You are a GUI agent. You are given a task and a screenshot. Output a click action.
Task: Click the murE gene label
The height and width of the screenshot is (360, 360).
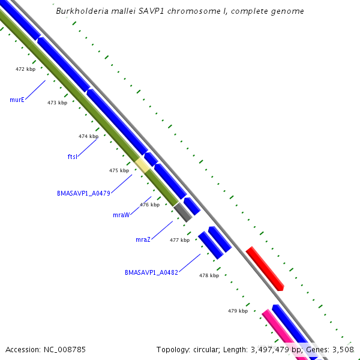click(17, 100)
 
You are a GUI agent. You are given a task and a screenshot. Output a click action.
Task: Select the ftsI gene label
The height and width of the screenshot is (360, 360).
click(72, 157)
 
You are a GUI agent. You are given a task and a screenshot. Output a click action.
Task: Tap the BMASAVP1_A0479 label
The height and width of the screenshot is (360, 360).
click(83, 193)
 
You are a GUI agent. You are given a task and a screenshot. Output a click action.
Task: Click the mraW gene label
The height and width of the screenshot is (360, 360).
click(121, 214)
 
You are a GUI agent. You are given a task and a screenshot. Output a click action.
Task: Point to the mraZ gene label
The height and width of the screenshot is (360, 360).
click(143, 239)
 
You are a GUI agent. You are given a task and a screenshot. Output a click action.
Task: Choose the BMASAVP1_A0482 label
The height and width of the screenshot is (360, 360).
click(151, 272)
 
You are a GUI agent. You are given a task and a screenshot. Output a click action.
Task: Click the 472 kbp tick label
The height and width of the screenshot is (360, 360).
click(25, 69)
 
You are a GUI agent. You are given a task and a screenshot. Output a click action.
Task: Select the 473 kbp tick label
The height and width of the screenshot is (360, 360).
click(57, 103)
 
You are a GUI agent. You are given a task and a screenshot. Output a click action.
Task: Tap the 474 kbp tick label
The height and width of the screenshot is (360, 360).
click(88, 136)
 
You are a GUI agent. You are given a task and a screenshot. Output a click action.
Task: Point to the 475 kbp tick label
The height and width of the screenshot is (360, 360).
click(119, 170)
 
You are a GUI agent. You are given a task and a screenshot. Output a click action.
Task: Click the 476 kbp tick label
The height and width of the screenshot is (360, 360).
click(149, 205)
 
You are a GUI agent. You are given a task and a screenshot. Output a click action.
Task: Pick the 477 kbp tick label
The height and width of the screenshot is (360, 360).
click(179, 240)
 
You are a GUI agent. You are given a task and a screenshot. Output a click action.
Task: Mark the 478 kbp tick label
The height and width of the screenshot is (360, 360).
click(209, 275)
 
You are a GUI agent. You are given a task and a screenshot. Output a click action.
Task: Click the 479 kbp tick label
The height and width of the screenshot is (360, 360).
click(238, 311)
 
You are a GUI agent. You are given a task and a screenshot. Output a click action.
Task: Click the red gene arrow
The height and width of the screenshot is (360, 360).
click(265, 268)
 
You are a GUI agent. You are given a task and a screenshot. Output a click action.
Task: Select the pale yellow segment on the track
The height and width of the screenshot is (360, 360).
click(142, 164)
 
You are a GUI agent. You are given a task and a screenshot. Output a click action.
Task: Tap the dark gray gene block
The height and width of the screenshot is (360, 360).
click(183, 212)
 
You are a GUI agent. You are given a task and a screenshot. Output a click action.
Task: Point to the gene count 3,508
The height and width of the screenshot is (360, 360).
click(343, 349)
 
